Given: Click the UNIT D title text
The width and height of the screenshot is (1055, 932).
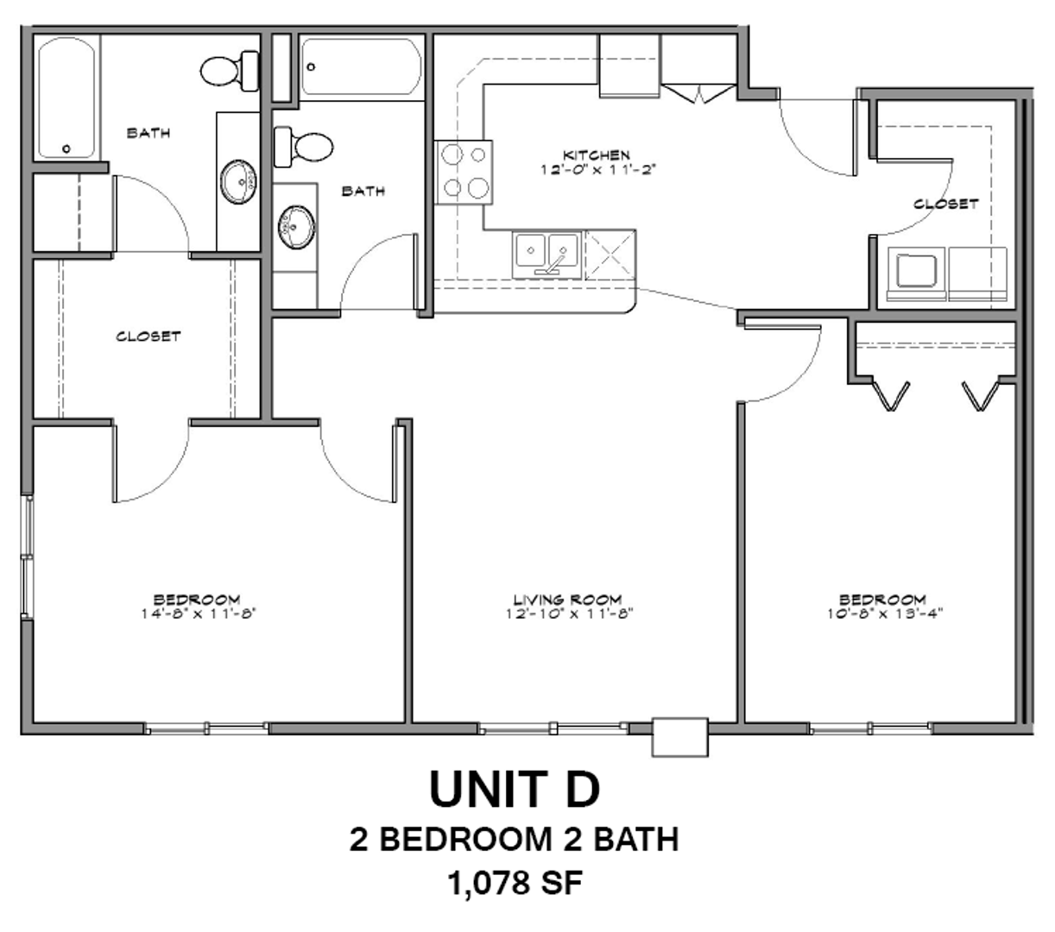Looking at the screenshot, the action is [x=515, y=789].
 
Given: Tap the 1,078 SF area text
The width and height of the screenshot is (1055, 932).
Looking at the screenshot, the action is [x=515, y=883].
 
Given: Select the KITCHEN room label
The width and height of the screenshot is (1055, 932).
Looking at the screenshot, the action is [x=597, y=154].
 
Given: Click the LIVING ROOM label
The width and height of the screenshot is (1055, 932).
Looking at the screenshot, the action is [x=567, y=600].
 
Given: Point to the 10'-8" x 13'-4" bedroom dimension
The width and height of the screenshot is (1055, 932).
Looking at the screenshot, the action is [x=885, y=614].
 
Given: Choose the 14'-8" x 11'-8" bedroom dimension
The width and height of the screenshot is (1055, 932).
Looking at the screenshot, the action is [x=198, y=614].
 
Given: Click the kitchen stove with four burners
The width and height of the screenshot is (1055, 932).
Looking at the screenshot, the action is [x=464, y=172].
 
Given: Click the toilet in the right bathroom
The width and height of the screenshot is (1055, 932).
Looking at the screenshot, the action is [x=303, y=147].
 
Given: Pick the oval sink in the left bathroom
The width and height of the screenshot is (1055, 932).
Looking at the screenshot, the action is [x=238, y=182].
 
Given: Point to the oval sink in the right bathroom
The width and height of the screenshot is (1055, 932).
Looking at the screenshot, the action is [x=296, y=227].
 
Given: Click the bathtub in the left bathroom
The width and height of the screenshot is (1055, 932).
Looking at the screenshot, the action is [x=66, y=98].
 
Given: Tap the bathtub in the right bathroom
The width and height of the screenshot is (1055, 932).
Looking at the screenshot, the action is [x=362, y=66].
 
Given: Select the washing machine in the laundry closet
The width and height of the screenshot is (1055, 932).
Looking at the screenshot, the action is [x=916, y=274].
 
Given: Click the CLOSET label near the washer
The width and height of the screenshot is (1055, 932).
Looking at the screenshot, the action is [x=946, y=204].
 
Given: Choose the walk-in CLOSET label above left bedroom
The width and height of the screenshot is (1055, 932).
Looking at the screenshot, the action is [x=148, y=337].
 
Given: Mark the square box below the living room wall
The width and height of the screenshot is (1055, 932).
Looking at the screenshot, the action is [x=680, y=737].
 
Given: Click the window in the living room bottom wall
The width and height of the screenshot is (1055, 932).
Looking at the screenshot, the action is [x=553, y=727].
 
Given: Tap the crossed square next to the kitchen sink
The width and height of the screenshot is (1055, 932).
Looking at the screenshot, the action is [x=610, y=255].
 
